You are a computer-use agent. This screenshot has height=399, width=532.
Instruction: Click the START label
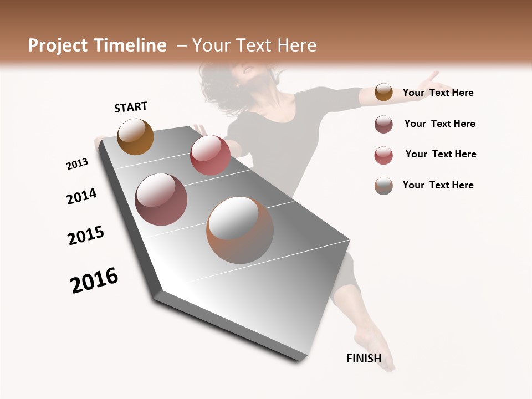pyautogui.click(x=131, y=107)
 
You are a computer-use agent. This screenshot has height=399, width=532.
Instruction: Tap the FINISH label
pyautogui.click(x=364, y=358)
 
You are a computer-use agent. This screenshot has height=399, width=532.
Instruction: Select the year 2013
pyautogui.click(x=78, y=164)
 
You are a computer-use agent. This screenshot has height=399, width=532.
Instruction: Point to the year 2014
pyautogui.click(x=81, y=196)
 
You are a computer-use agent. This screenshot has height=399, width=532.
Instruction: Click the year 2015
pyautogui.click(x=86, y=236)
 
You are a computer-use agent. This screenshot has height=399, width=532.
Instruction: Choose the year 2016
pyautogui.click(x=94, y=280)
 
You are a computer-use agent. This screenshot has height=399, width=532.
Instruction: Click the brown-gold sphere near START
pyautogui.click(x=135, y=136)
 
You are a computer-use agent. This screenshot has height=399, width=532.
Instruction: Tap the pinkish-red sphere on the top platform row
pyautogui.click(x=210, y=155)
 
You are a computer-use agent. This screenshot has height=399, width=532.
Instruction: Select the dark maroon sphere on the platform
pyautogui.click(x=161, y=199)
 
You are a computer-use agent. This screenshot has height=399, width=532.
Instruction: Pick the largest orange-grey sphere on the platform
pyautogui.click(x=240, y=230)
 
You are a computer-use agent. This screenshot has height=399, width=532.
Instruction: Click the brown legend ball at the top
pyautogui.click(x=383, y=93)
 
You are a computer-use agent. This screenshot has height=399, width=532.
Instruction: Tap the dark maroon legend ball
pyautogui.click(x=383, y=124)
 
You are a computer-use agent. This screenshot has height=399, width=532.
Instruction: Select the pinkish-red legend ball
pyautogui.click(x=383, y=155)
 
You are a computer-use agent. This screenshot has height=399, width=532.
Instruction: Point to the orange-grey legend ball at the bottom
pyautogui.click(x=383, y=186)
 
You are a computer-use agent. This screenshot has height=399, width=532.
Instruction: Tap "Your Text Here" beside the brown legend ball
pyautogui.click(x=438, y=93)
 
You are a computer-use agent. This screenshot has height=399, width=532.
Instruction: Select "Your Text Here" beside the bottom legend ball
pyautogui.click(x=438, y=185)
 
